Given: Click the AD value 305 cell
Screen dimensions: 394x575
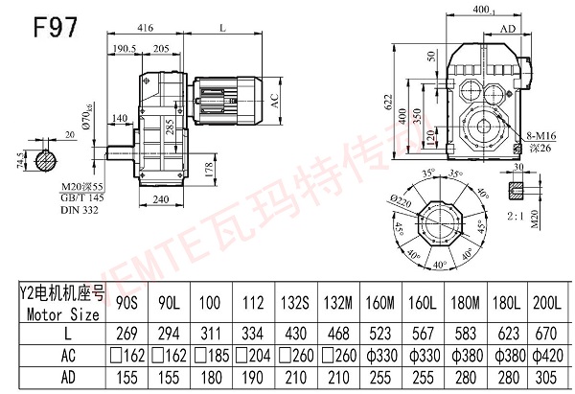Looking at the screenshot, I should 549,377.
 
